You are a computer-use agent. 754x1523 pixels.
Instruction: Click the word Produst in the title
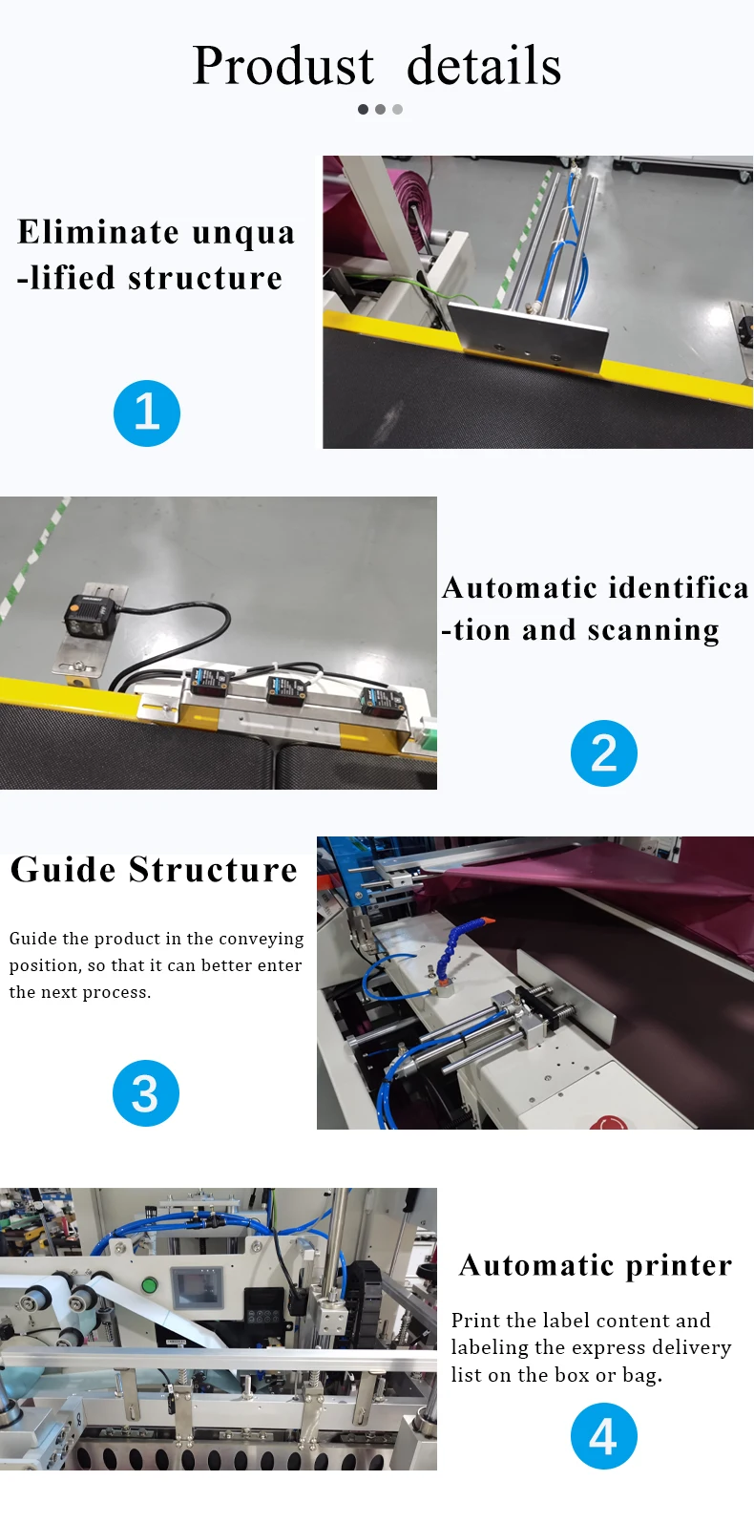[283, 67]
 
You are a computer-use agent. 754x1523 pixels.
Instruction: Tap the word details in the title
[484, 67]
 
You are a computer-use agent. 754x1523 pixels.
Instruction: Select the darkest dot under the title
[363, 110]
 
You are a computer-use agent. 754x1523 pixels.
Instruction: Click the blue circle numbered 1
[147, 413]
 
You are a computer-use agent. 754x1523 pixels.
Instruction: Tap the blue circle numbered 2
[604, 753]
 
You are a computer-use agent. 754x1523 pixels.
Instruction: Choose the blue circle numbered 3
[146, 1093]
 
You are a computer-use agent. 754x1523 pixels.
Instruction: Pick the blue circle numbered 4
[604, 1436]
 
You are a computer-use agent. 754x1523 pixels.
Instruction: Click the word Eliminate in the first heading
[98, 232]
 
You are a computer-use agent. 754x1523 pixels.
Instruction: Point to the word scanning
[654, 631]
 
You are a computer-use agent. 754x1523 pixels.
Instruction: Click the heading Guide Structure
[154, 870]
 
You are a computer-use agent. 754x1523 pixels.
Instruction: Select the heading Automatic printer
[596, 1265]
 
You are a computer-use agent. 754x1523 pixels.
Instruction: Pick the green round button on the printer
[149, 1285]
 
